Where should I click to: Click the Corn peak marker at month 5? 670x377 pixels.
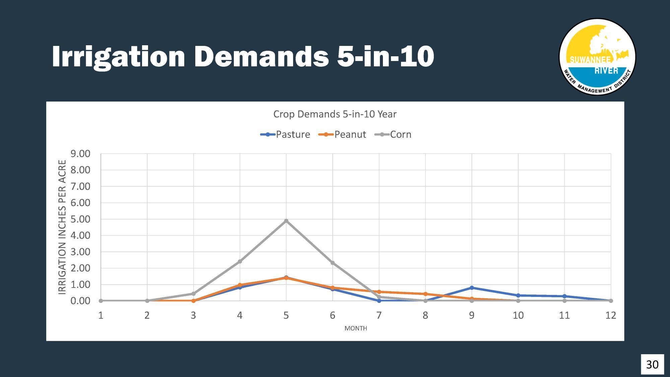click(x=286, y=221)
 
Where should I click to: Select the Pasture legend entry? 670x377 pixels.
click(x=285, y=134)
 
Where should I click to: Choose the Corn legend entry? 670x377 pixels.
click(x=393, y=134)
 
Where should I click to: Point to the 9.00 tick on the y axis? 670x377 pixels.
click(x=80, y=154)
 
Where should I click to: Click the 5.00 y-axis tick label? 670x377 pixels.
click(x=80, y=219)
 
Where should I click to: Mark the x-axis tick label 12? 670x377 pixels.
click(x=610, y=315)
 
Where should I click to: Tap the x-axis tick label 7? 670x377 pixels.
click(x=379, y=315)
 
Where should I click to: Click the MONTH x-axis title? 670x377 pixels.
click(x=355, y=328)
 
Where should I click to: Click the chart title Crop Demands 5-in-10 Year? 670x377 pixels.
click(x=335, y=114)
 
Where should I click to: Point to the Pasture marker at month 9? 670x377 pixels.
click(x=472, y=288)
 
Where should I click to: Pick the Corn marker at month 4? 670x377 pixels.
click(x=240, y=261)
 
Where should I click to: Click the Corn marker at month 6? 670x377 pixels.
click(x=333, y=263)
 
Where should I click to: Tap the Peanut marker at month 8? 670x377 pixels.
click(x=425, y=294)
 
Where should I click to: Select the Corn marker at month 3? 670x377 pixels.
click(x=193, y=294)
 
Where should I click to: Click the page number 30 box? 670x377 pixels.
click(x=652, y=364)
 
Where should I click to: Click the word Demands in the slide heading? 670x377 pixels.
click(x=262, y=56)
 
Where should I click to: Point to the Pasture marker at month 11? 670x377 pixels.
click(x=564, y=296)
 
